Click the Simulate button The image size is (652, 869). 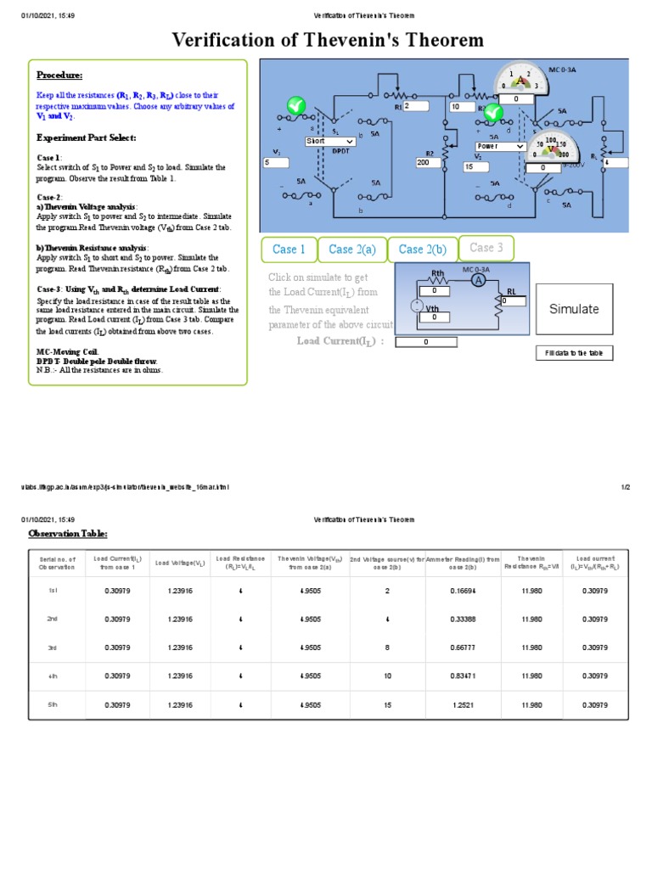[x=574, y=309]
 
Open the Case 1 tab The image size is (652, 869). [x=289, y=249]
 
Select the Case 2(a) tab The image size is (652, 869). [x=352, y=249]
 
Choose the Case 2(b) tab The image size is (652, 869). [x=423, y=249]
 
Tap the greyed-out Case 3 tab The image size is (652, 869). [x=486, y=248]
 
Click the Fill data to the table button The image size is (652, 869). [x=574, y=353]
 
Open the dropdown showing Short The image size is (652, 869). [x=330, y=142]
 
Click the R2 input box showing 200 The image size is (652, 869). [x=430, y=162]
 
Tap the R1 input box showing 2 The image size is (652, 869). [x=418, y=107]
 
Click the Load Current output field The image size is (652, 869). [x=426, y=342]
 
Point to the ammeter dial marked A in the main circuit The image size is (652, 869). [x=520, y=80]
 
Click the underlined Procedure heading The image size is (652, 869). [x=59, y=76]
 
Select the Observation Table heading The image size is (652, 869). [x=68, y=533]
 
